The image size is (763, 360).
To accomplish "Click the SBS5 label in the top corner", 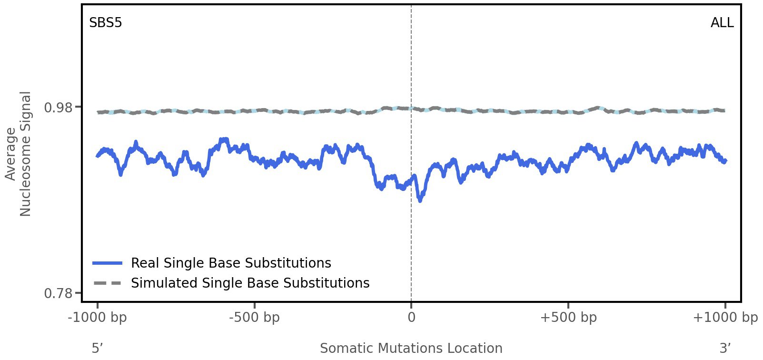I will pos(106,23).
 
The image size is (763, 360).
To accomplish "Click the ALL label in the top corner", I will pos(722,23).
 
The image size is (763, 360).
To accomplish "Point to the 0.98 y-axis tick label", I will pos(59,108).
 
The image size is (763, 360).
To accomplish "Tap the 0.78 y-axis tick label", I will pos(59,293).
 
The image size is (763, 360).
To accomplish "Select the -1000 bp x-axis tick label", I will pos(98,318).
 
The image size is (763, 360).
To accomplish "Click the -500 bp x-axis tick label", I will pos(254,318).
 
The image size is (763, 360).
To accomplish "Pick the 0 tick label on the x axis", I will pos(411,318).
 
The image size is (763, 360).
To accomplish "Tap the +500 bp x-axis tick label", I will pos(568,318).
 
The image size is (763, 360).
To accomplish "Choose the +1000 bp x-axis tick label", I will pos(725,318).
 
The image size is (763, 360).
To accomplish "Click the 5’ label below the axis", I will pos(97,348).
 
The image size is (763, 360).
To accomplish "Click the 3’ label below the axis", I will pos(725,348).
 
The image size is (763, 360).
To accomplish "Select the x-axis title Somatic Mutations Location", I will pos(411,348).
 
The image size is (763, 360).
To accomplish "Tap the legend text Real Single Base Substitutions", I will pos(231,263).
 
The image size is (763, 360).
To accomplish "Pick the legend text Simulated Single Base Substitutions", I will pos(250,283).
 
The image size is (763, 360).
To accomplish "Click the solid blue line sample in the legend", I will pos(108,263).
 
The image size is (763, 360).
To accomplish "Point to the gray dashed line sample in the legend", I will pos(108,283).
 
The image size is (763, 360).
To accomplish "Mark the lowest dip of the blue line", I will pos(420,200).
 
